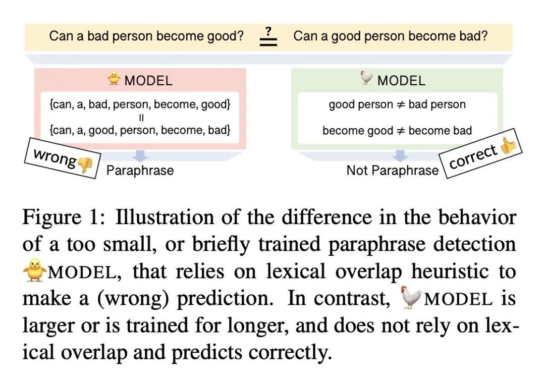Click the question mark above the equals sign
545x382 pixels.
click(x=268, y=31)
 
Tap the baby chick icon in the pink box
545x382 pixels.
click(x=114, y=78)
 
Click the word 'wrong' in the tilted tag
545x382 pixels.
click(x=55, y=157)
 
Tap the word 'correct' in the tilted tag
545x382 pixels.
click(x=473, y=156)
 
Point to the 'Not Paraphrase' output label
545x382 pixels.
click(x=393, y=171)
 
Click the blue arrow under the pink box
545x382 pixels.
click(x=140, y=156)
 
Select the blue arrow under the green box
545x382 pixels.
click(x=400, y=156)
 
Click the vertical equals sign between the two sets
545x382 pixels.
click(x=141, y=118)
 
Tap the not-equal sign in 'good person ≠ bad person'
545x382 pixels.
click(x=401, y=104)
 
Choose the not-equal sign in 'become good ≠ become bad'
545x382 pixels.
click(x=401, y=131)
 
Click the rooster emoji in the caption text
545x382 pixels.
click(x=411, y=297)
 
